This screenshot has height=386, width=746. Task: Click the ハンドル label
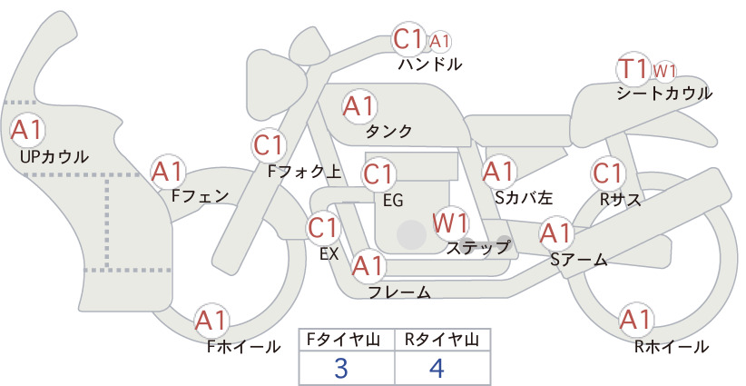click(x=429, y=64)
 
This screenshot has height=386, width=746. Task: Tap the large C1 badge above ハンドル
click(x=408, y=39)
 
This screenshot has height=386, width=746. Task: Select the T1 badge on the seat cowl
click(x=633, y=69)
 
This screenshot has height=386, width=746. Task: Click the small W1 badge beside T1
click(x=664, y=72)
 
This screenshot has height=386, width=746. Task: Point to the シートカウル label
click(x=664, y=93)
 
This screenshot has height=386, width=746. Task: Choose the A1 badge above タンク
click(x=359, y=106)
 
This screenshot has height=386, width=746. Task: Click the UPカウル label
click(x=54, y=156)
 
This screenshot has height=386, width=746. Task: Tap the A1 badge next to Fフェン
click(x=168, y=173)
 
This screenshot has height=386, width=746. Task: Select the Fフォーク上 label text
click(x=305, y=172)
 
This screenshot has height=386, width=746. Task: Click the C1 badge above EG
click(x=378, y=174)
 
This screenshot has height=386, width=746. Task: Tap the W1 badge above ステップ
click(x=450, y=223)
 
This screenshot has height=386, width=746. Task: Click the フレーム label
click(x=399, y=292)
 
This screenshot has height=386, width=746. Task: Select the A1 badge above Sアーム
click(x=555, y=233)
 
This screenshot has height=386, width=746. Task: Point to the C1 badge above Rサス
click(x=607, y=173)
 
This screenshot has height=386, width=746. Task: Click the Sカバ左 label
click(x=524, y=197)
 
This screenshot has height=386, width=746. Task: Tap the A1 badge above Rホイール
click(x=635, y=320)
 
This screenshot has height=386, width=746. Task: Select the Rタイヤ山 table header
click(x=442, y=340)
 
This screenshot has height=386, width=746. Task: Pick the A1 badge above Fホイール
click(x=211, y=321)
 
